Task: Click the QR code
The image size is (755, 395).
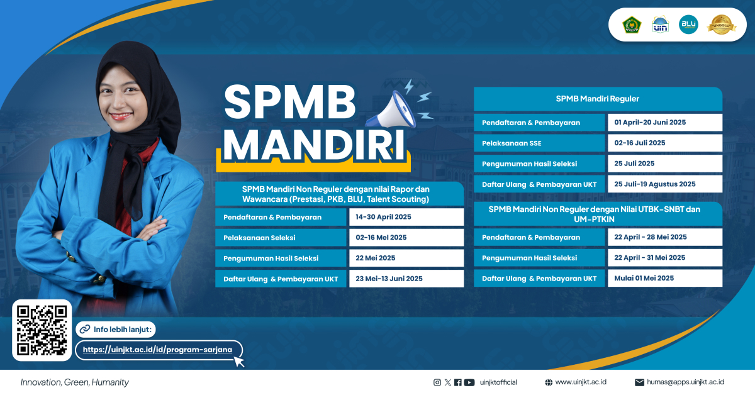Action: (x=42, y=330)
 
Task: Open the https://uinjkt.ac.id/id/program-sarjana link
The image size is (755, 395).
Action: (x=157, y=350)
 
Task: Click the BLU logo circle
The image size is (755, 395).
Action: (x=688, y=25)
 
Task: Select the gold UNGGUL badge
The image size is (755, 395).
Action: (x=721, y=25)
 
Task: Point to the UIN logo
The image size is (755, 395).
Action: (x=660, y=25)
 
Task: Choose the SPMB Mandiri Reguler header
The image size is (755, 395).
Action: (x=598, y=99)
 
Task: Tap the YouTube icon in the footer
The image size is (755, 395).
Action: (x=469, y=382)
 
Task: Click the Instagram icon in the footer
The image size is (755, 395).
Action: (x=437, y=382)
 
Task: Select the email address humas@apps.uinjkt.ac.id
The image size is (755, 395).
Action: (x=685, y=382)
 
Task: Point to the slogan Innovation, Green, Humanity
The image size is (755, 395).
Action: (x=74, y=382)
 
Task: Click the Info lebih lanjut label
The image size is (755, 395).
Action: (x=123, y=330)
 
